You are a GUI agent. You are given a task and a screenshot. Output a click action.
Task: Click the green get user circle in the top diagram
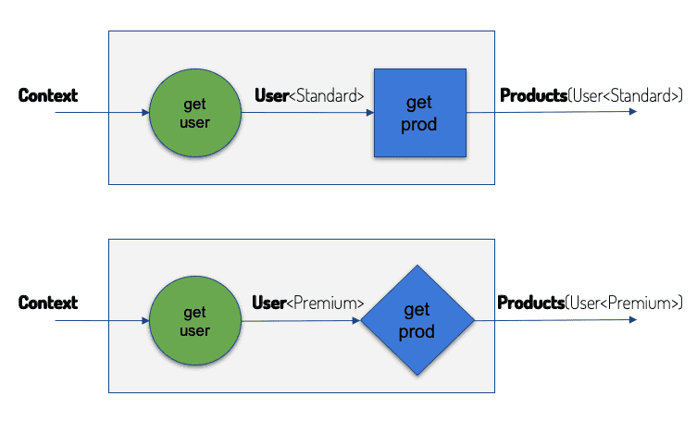tap(195, 113)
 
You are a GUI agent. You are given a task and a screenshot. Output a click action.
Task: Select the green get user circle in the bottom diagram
tap(195, 320)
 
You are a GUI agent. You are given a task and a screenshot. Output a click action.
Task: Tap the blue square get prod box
tap(420, 113)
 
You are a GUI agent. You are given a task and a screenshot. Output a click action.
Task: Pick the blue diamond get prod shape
tap(417, 320)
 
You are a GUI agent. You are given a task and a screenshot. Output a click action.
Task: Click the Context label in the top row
tap(48, 95)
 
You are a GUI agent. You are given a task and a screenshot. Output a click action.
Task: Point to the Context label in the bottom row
tap(48, 303)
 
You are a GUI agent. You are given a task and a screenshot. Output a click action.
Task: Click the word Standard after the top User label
tap(327, 95)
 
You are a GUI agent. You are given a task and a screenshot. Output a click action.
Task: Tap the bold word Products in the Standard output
tap(533, 95)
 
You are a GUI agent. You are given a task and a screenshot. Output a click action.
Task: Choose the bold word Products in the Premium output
tap(530, 303)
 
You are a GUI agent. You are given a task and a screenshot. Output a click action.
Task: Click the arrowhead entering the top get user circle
tap(145, 113)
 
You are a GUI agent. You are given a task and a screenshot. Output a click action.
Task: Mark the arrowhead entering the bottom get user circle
tap(145, 320)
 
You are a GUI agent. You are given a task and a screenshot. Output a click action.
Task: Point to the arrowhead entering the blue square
tap(370, 113)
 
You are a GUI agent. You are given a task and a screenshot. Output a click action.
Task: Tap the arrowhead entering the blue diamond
tap(356, 320)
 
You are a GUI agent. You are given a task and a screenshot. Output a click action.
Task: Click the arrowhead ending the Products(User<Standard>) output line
tap(633, 112)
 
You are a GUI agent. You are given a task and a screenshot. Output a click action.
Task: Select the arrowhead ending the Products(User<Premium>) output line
tap(633, 319)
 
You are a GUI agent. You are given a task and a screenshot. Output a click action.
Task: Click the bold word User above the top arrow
tap(271, 95)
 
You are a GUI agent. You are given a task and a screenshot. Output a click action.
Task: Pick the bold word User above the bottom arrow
tap(269, 303)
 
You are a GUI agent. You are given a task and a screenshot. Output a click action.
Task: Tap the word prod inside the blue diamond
tap(417, 332)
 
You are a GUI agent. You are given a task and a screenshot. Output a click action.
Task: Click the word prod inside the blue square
tap(418, 125)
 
